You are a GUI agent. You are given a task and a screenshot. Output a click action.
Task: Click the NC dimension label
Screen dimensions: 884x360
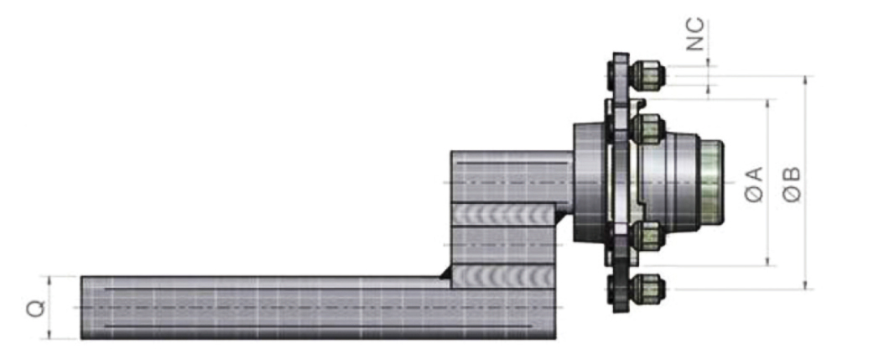(x=695, y=34)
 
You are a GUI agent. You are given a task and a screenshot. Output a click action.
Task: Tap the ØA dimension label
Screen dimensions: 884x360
(x=754, y=184)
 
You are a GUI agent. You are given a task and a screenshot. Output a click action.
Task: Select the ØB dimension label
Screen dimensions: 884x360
(x=792, y=184)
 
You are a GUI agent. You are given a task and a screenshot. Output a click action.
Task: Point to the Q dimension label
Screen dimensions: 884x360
(x=35, y=307)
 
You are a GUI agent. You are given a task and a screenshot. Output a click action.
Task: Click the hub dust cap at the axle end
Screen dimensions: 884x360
(x=710, y=182)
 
